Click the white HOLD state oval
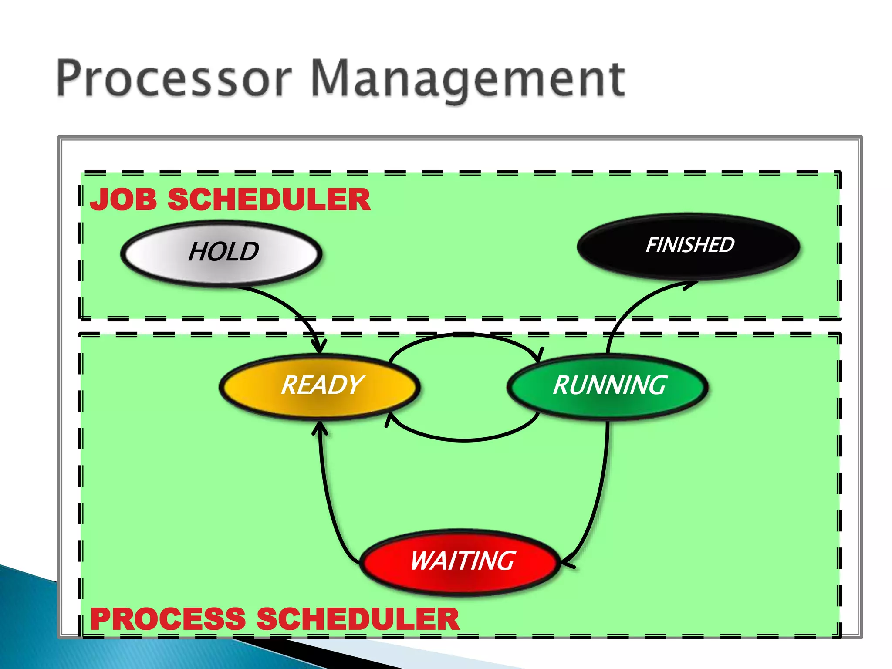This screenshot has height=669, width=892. point(221,253)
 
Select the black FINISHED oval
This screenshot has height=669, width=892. point(689,246)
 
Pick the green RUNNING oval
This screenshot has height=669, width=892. point(608,386)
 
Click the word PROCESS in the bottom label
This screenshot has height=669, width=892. point(168,619)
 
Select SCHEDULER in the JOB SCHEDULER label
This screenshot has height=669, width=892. point(269,199)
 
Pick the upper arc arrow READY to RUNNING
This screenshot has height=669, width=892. point(464,334)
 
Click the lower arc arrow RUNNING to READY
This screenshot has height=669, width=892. point(464,440)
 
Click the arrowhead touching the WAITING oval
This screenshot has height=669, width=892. point(568,562)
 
